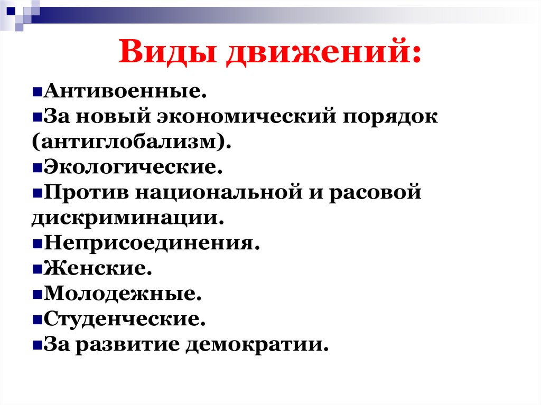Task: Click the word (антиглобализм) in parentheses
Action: click(127, 142)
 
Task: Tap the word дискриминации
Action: click(125, 218)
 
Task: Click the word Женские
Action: click(98, 269)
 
